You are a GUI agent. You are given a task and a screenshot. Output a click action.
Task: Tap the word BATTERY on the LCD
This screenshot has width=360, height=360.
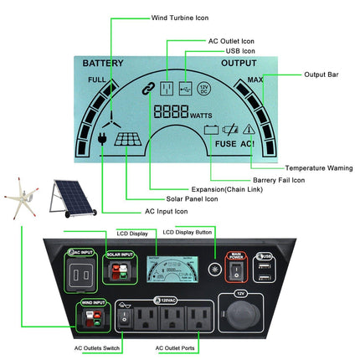click(102, 63)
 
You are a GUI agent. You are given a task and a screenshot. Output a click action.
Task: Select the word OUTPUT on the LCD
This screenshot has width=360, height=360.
click(239, 63)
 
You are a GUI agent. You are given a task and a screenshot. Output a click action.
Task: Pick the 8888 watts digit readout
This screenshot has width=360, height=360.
click(170, 111)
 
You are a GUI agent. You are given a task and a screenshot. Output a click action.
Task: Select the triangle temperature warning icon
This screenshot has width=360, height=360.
click(249, 128)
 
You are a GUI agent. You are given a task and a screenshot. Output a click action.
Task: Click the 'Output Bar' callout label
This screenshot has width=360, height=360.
click(321, 75)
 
